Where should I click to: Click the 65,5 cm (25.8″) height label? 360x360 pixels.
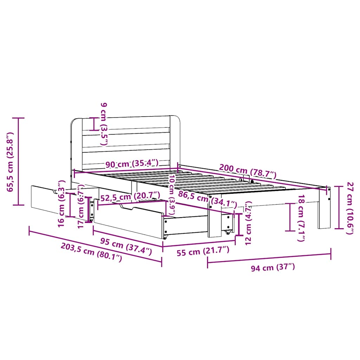tap(9, 162)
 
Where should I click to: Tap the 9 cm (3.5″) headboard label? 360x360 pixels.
tap(104, 124)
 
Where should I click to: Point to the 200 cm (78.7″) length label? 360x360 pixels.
tap(248, 171)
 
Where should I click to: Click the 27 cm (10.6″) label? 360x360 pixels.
tap(350, 208)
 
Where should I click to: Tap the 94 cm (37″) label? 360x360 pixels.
tap(273, 268)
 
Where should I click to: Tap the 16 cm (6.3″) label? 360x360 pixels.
tap(61, 203)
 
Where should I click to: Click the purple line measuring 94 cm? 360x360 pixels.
tap(269, 256)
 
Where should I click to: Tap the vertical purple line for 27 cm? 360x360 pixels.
tap(339, 207)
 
